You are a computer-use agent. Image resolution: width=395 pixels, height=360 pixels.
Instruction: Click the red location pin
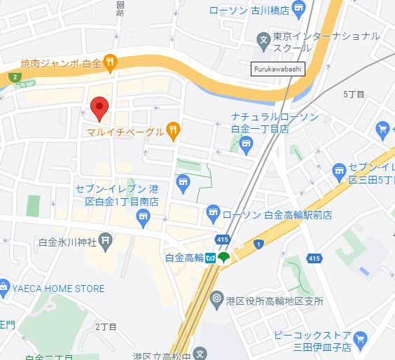click(x=99, y=107)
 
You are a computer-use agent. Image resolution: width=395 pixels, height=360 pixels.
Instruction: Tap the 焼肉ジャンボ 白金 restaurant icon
click(x=110, y=64)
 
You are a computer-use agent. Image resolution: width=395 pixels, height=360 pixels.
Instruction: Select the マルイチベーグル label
click(x=125, y=131)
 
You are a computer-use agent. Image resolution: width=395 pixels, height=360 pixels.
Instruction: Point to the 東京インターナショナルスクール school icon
click(x=263, y=39)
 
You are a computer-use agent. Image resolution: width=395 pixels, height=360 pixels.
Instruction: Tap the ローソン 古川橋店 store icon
click(x=299, y=9)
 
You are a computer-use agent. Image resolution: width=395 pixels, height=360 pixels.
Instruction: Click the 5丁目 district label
click(x=355, y=93)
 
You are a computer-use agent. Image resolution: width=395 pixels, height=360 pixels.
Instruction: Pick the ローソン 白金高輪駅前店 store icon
click(x=214, y=212)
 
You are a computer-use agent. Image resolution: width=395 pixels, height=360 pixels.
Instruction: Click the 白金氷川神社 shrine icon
click(x=105, y=242)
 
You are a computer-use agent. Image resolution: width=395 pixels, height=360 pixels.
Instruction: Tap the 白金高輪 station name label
click(x=183, y=258)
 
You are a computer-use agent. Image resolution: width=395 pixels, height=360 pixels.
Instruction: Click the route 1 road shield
click(x=258, y=244)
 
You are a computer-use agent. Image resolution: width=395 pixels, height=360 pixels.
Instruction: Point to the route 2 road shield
click(x=14, y=76)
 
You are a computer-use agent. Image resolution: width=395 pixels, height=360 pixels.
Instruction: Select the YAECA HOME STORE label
click(x=57, y=288)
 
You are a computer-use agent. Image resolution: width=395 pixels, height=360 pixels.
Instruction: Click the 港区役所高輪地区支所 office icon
click(x=216, y=300)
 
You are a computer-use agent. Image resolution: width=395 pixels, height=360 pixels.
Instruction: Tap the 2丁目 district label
click(x=106, y=326)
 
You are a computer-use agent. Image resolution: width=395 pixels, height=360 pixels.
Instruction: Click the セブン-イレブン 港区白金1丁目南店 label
click(x=117, y=195)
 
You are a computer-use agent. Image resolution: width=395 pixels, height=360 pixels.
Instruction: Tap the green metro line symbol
click(x=224, y=258)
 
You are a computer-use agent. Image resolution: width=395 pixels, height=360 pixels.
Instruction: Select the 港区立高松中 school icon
click(x=201, y=354)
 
